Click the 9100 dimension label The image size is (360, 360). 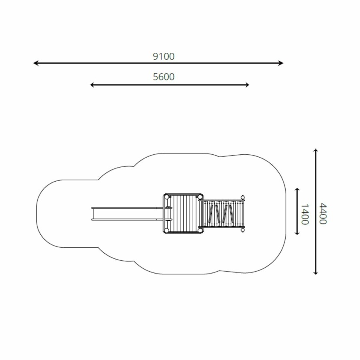(x=164, y=56)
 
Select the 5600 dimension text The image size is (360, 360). (x=164, y=77)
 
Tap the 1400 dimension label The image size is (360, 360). (x=305, y=214)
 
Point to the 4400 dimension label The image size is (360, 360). (x=323, y=214)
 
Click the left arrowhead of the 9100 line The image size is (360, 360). (x=36, y=63)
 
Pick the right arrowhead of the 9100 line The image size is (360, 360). (x=280, y=63)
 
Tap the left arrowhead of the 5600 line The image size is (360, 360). (x=92, y=85)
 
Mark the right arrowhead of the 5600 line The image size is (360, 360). (x=247, y=85)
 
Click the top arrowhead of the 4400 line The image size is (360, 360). (x=316, y=151)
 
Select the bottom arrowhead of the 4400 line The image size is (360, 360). (x=316, y=272)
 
